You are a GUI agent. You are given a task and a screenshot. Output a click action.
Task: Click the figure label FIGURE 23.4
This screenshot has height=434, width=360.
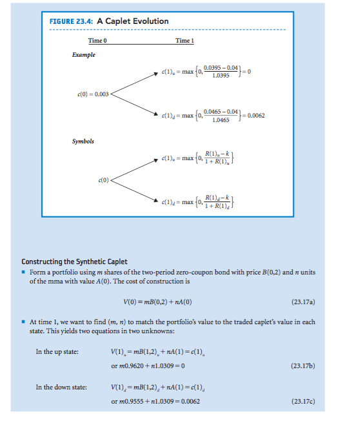[x=71, y=21]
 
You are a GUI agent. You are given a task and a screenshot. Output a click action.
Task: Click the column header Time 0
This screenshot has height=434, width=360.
[x=97, y=41]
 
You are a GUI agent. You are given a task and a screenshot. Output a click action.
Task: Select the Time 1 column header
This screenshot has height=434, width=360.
[x=185, y=41]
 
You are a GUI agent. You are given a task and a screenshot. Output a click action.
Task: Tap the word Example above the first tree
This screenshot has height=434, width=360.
[x=83, y=55]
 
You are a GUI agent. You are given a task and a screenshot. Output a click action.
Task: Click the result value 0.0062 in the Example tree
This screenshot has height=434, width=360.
[x=256, y=116]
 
